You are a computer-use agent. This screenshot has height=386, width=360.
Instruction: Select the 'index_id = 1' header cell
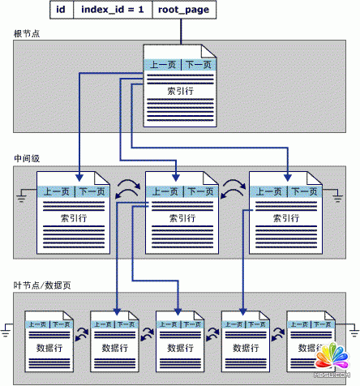(113, 10)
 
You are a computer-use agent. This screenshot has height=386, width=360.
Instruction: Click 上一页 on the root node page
(162, 65)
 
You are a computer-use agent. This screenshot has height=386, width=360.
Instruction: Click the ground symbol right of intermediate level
(338, 195)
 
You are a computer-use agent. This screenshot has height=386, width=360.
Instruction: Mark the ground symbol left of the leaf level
(6, 329)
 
